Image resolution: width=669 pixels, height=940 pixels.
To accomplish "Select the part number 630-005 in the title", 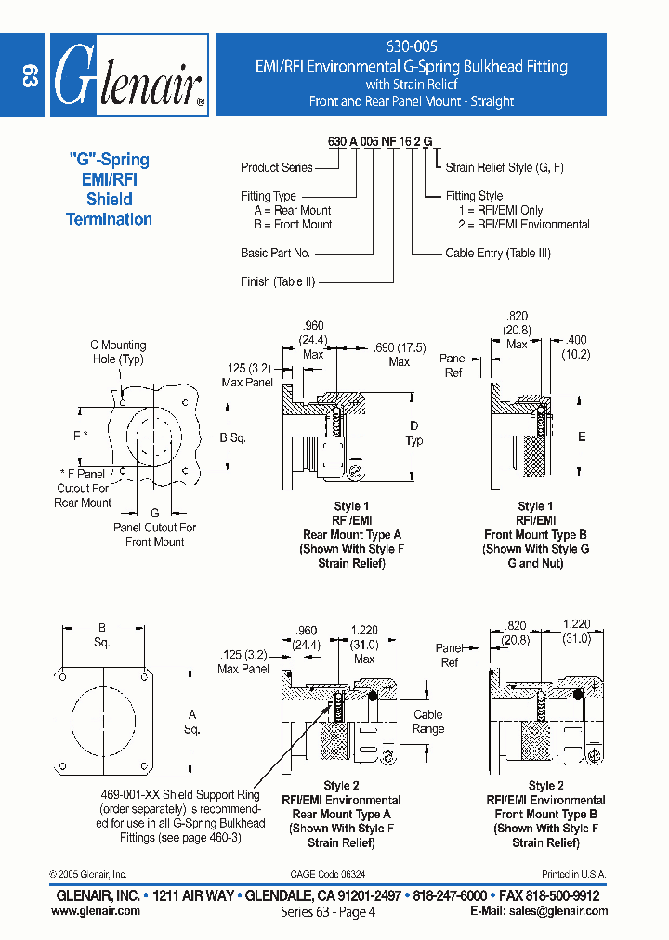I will point(411,46).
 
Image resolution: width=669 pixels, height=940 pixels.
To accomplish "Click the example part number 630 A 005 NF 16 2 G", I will point(379,142).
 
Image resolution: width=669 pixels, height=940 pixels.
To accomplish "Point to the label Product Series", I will point(276,167).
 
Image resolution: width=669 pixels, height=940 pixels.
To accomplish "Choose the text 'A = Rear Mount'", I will point(293,211).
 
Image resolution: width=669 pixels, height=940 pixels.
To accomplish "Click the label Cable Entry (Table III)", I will point(498,253).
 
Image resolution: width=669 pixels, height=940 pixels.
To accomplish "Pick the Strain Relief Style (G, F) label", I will point(505,167).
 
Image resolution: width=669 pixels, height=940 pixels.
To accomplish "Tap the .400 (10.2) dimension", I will point(576,348).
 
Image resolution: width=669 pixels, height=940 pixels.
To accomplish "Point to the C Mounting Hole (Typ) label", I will point(118,352).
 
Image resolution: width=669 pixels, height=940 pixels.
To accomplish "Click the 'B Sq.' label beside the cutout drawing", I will point(232,437).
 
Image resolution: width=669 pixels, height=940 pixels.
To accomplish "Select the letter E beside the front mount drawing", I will point(582,437).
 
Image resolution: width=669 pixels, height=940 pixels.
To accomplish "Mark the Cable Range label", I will point(427,722).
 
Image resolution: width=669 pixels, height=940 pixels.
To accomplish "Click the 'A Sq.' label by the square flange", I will point(192,722).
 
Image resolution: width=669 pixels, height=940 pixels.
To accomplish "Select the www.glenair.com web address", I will point(96,911).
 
